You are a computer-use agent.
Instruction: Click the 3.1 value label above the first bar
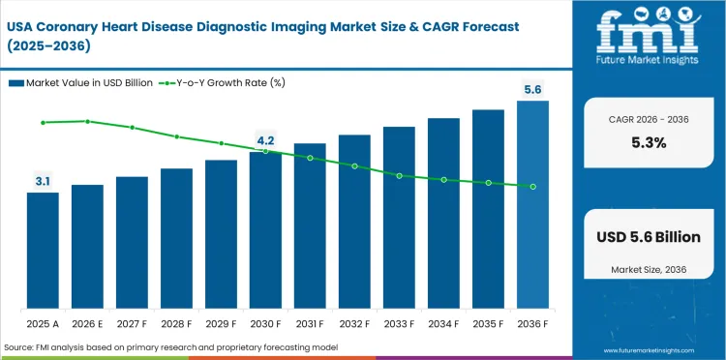[x=43, y=181]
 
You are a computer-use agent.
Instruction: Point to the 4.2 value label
[x=265, y=140]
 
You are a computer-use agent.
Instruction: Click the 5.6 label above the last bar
[x=532, y=89]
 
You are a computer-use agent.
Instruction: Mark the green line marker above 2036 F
[x=532, y=187]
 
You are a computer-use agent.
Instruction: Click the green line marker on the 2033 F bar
[x=399, y=175]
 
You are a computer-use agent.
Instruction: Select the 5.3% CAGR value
[x=649, y=142]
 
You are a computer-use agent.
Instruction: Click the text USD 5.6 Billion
[x=649, y=237]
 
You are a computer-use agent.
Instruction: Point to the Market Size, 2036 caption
[x=649, y=268]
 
